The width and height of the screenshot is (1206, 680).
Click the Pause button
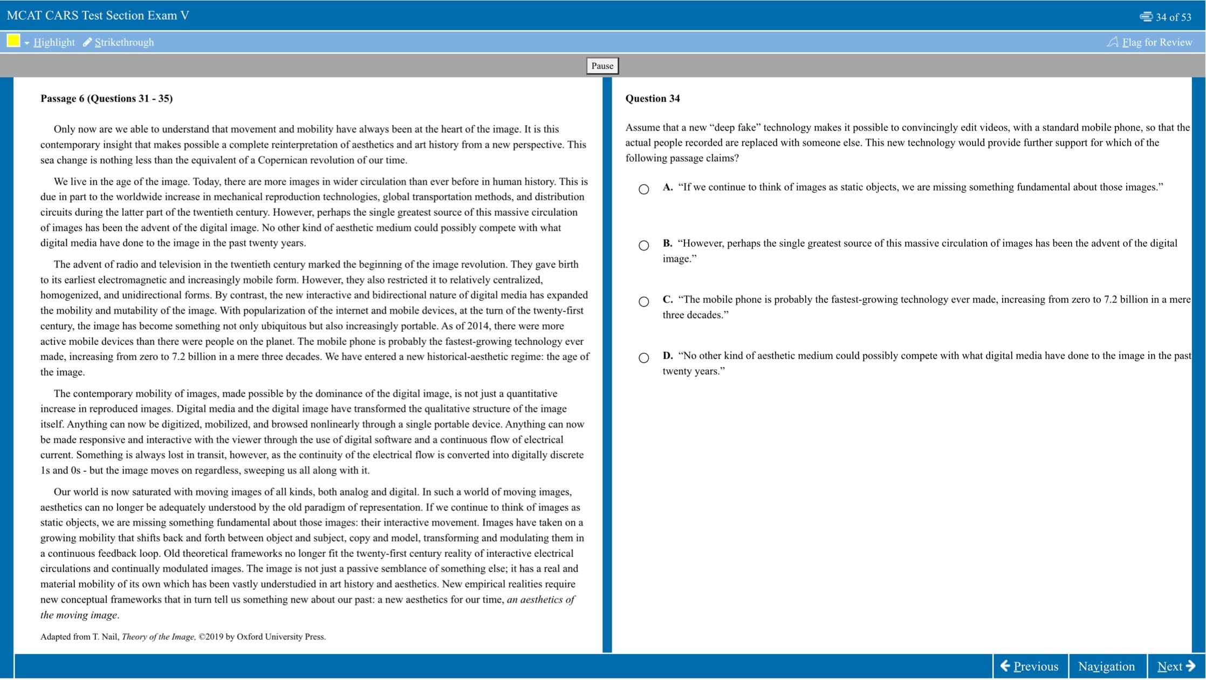coord(602,66)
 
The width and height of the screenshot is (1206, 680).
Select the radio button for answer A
coord(643,189)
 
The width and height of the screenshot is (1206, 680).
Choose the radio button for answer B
coord(643,246)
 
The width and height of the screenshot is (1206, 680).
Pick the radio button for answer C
coord(643,302)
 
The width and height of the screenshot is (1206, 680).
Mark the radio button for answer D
coord(643,358)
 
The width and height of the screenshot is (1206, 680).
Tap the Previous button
coord(1029,667)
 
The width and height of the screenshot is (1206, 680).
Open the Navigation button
coord(1106,667)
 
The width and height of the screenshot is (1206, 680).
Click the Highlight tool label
coord(54,42)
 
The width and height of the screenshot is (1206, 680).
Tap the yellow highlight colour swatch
coord(13,40)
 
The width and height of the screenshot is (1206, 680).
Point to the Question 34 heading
coord(652,98)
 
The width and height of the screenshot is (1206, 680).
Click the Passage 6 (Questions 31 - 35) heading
coord(106,98)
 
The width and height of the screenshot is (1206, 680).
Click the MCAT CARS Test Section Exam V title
coord(98,15)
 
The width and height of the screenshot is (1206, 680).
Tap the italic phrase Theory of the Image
coord(158,637)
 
